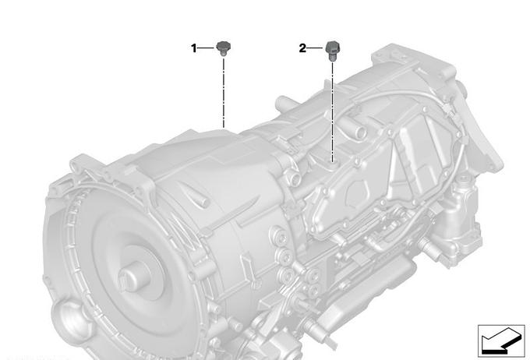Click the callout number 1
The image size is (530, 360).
pos(193,48)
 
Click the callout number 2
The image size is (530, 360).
pos(302,48)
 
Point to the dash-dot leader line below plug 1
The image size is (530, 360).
pos(224,93)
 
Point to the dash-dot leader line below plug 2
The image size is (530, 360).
pos(333,112)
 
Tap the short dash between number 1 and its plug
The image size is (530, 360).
pos(206,48)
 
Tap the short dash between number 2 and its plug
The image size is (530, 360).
pos(315,48)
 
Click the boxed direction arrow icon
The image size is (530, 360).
pos(501,341)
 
